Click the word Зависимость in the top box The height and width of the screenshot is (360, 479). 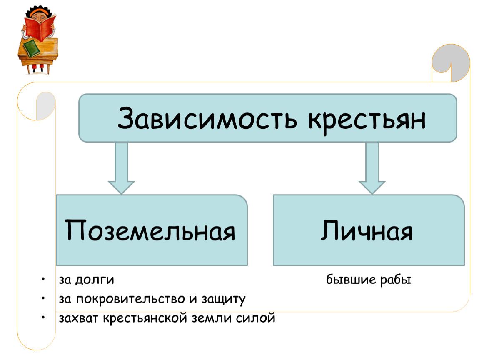(207, 118)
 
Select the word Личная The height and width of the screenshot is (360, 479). (366, 230)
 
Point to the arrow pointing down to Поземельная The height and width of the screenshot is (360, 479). (121, 168)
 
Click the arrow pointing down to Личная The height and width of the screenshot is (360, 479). (372, 168)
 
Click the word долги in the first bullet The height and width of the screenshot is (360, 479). (95, 280)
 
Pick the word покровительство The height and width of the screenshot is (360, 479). (130, 299)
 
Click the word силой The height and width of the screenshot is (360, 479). (255, 318)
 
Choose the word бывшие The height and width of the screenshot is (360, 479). (351, 279)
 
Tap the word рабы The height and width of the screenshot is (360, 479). (396, 280)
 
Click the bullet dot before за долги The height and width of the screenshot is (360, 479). (43, 279)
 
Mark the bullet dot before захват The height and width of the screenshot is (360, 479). (43, 317)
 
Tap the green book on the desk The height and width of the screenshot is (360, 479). (32, 49)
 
